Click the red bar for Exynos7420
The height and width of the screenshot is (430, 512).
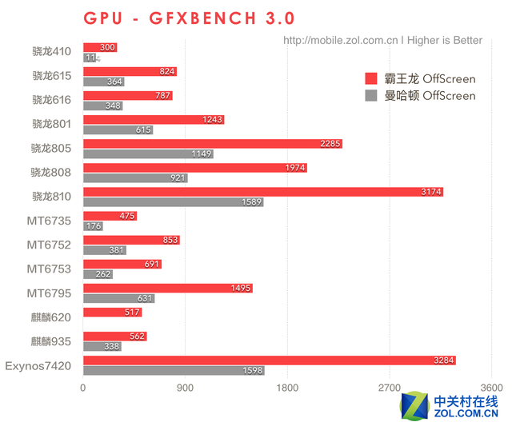tap(269, 360)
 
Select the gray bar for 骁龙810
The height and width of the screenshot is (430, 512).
tap(173, 202)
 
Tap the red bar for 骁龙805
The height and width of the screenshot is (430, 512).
tap(212, 144)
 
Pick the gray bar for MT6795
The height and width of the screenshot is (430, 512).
tap(118, 299)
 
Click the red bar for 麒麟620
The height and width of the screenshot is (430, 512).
tap(112, 312)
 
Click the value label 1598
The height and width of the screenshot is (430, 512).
tap(252, 371)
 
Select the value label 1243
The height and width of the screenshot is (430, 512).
tap(213, 120)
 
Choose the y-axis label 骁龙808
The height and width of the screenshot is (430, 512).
tap(52, 172)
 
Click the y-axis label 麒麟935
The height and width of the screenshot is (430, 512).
tap(52, 340)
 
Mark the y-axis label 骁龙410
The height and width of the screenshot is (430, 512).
tap(52, 52)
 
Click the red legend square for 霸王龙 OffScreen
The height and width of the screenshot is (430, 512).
tap(370, 78)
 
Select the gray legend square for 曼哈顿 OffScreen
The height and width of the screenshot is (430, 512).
tap(370, 96)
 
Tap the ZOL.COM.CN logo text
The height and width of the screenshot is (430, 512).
tap(466, 414)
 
